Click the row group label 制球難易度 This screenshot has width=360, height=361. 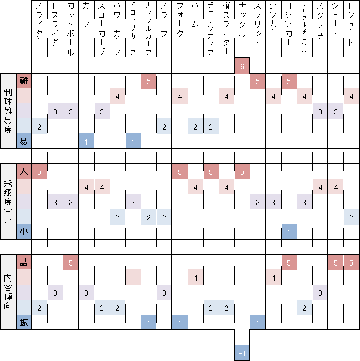(8, 111)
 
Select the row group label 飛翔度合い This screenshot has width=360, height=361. (8, 201)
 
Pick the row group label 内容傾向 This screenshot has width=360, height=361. (8, 291)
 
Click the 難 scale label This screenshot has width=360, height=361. (24, 81)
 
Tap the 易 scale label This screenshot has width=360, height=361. (24, 141)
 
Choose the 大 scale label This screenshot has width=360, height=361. (24, 171)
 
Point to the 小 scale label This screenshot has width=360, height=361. (24, 232)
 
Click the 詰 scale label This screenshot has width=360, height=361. (24, 262)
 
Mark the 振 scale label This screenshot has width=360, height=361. (24, 323)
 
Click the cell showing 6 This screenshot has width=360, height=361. (242, 66)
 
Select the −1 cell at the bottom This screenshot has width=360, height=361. (242, 353)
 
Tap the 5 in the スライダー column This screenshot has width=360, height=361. (39, 171)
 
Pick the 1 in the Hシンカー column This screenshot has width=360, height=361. (289, 232)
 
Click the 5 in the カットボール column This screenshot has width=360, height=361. (71, 262)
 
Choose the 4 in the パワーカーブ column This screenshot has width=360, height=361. (117, 96)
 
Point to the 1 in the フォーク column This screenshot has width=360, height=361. (180, 323)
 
